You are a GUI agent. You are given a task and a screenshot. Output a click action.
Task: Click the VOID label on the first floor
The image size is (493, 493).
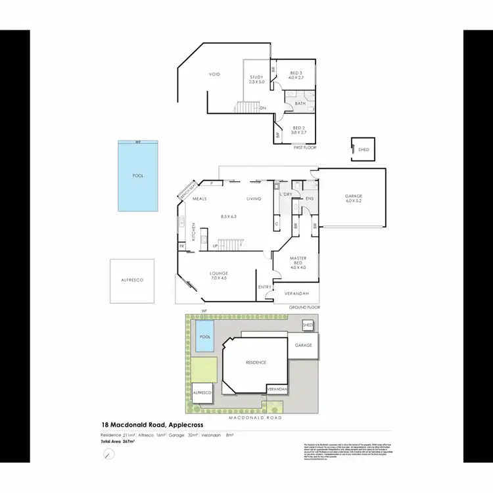point(214,74)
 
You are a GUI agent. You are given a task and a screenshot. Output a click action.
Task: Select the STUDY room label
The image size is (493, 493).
point(256,80)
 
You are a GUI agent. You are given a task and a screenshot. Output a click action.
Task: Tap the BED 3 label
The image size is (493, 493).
point(296,75)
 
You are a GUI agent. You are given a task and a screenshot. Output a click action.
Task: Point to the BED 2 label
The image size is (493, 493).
point(298,130)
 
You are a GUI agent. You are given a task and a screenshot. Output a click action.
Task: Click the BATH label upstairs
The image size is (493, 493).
point(300,103)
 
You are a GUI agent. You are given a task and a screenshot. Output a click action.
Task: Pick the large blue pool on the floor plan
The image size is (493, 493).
point(138,176)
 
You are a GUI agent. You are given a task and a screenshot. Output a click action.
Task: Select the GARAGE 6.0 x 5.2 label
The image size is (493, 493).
point(354,199)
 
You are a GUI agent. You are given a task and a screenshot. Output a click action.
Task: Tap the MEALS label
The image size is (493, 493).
point(200,199)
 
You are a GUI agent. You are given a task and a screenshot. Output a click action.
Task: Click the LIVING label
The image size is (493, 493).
point(254,199)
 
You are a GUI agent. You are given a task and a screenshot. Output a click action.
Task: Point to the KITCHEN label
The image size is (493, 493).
point(194,232)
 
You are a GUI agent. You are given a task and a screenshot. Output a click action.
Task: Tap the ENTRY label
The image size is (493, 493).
point(265,287)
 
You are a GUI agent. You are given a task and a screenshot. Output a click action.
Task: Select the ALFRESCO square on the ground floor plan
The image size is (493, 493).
point(132,281)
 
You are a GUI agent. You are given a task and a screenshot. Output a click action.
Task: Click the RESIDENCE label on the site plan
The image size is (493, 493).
point(256,362)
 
